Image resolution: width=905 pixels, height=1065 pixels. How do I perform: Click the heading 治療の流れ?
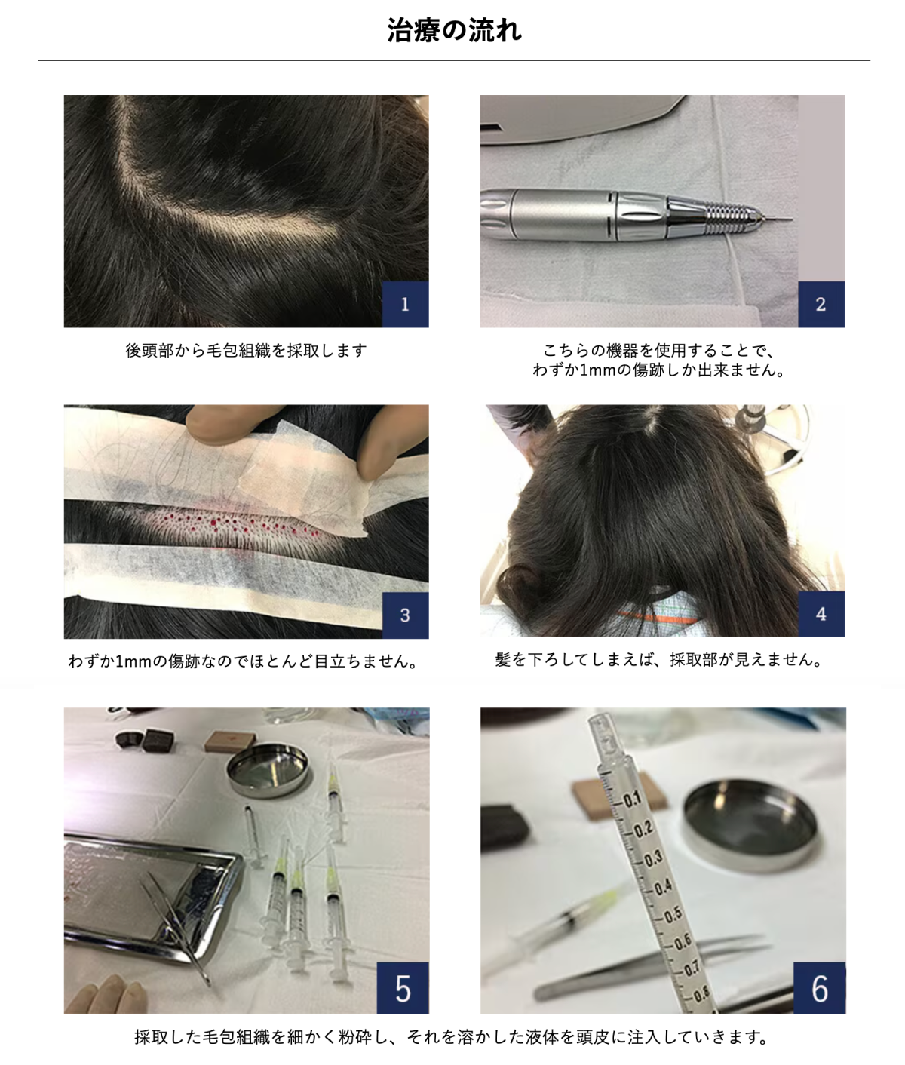[454, 30]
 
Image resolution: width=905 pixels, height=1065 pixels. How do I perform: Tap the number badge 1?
[405, 304]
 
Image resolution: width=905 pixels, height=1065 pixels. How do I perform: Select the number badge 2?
[821, 304]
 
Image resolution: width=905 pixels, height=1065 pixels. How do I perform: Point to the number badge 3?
[405, 615]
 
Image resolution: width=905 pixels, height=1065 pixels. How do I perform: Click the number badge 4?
[821, 614]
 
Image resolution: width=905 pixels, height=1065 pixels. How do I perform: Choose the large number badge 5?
[403, 988]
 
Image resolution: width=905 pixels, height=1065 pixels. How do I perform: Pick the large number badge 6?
[820, 988]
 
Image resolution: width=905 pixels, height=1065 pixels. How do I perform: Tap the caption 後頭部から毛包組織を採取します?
[246, 351]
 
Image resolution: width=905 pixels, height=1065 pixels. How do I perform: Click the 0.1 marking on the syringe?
[631, 800]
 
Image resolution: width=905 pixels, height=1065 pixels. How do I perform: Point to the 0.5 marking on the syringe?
[673, 913]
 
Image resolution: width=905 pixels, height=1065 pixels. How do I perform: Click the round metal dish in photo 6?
[750, 824]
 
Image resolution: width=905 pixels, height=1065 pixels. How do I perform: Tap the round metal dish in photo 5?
[268, 769]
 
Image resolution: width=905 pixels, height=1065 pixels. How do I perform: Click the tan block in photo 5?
[230, 741]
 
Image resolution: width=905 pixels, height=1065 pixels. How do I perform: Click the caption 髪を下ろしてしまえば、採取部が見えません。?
[659, 659]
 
